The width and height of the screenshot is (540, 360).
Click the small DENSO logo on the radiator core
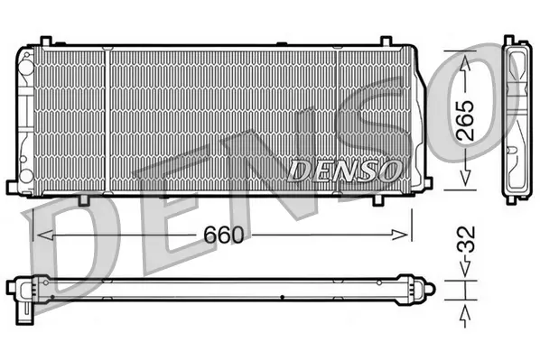pyautogui.click(x=340, y=168)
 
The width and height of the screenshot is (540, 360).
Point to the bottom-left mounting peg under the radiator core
pyautogui.click(x=82, y=199)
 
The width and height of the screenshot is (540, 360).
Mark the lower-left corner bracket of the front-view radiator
pyautogui.click(x=13, y=187)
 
